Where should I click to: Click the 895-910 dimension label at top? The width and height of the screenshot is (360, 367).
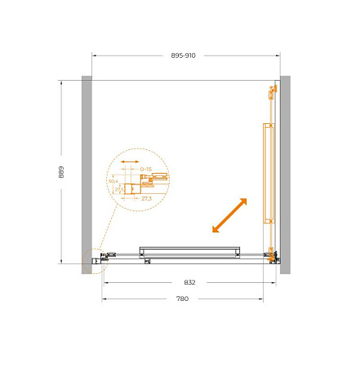183,55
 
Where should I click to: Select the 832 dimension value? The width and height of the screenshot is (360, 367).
189,282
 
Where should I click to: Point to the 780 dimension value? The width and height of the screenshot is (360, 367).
182,299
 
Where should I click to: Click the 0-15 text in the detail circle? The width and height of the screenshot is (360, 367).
146,169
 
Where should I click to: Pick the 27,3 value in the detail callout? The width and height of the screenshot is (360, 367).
146,198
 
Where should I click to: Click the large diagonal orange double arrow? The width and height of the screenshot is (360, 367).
229,215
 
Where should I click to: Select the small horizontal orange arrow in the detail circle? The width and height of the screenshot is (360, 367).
129,161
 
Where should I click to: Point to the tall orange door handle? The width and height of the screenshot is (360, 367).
267,173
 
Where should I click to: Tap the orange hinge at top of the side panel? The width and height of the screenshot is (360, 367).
269,94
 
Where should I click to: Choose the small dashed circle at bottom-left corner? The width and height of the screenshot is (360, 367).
95,260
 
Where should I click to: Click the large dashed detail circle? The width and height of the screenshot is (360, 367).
138,180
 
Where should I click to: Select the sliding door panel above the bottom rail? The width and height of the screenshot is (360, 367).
189,250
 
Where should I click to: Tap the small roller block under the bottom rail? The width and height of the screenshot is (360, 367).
147,262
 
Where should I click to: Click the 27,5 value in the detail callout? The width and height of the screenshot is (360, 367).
118,189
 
